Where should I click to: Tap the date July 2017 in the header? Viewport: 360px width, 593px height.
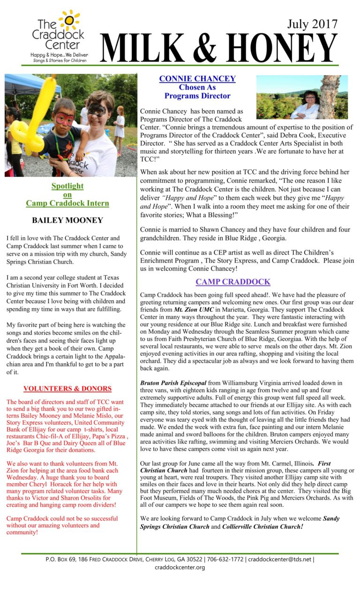click(x=312, y=24)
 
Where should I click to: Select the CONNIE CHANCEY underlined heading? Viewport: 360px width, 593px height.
click(x=197, y=79)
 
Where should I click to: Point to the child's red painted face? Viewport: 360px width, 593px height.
click(x=64, y=119)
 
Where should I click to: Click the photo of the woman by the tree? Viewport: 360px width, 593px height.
click(x=302, y=97)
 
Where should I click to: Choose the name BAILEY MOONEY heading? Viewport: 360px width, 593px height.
click(x=67, y=220)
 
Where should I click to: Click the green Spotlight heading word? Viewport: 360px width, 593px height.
click(x=67, y=186)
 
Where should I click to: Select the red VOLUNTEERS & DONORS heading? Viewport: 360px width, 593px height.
click(x=67, y=389)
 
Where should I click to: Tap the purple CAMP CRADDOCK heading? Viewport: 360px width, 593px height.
click(x=233, y=282)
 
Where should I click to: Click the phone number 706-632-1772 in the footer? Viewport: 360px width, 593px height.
click(x=225, y=559)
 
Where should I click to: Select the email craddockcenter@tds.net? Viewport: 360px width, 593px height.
click(x=279, y=559)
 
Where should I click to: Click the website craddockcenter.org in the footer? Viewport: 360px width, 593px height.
click(x=180, y=567)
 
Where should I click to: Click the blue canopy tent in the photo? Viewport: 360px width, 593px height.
click(x=28, y=84)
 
